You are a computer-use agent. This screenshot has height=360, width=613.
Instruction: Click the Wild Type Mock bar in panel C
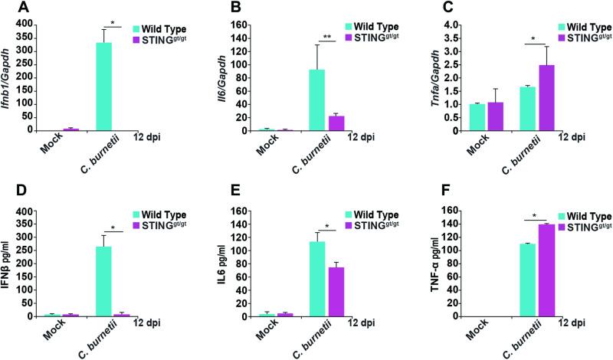click(477, 117)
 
